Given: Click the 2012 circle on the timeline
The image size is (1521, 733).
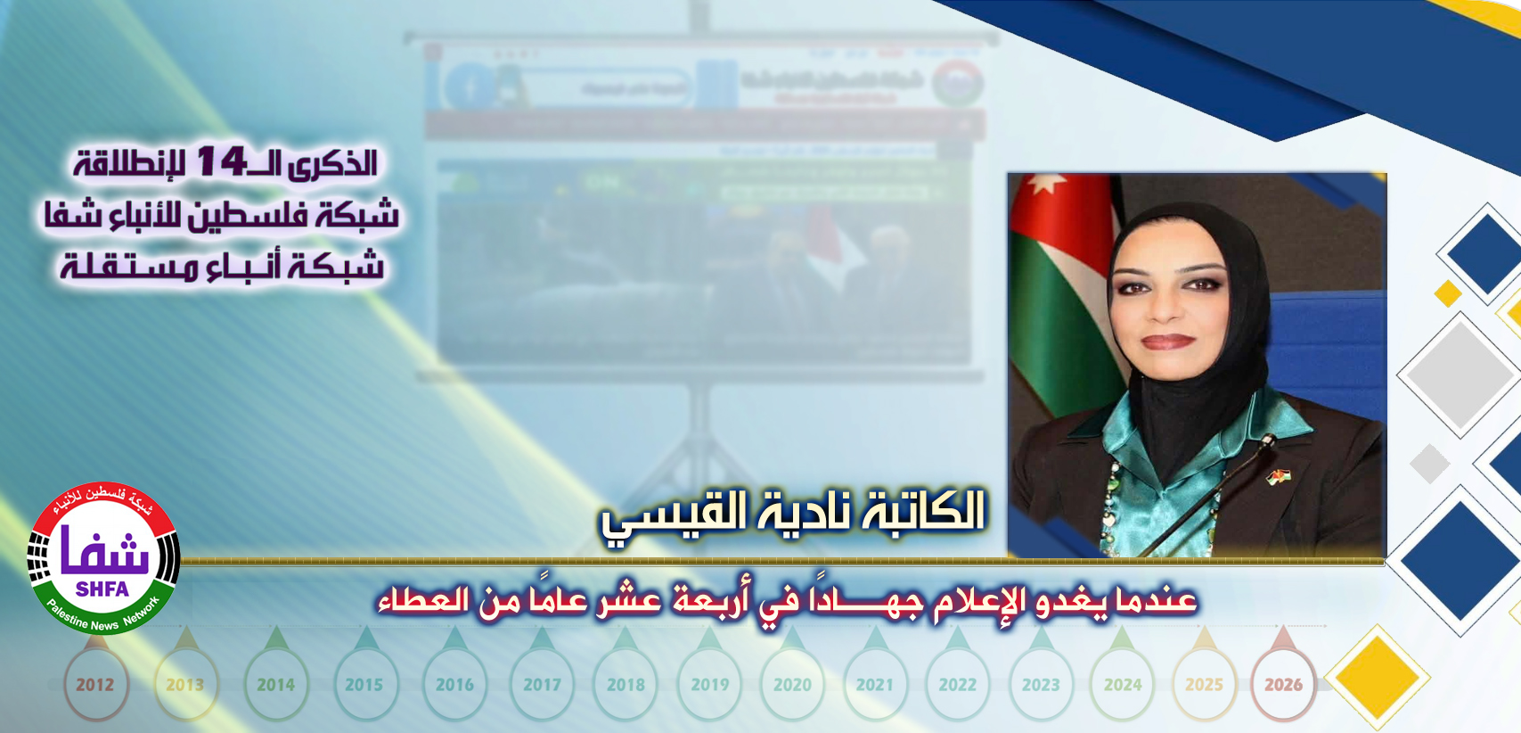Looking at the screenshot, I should coord(95,685).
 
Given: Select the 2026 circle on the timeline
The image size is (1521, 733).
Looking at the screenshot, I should coord(1283,685).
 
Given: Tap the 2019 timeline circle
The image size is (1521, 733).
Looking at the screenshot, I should coord(710,685).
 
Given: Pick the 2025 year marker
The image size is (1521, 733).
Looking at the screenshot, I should coord(1204,685).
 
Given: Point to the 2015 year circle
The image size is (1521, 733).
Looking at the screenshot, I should coord(364,685).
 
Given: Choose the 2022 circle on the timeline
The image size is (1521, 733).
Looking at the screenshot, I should coord(958,685).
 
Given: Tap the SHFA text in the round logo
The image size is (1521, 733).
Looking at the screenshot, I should coord(102,589).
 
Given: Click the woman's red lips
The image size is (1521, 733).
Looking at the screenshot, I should coord(1167,342).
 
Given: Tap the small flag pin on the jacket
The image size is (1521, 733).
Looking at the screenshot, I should coord(1279,477).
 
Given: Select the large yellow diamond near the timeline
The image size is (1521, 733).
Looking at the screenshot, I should coord(1377,678).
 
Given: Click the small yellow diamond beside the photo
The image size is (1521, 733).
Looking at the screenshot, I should coord(1448,292).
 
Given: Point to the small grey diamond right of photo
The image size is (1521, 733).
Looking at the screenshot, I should coord(1430,464).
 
